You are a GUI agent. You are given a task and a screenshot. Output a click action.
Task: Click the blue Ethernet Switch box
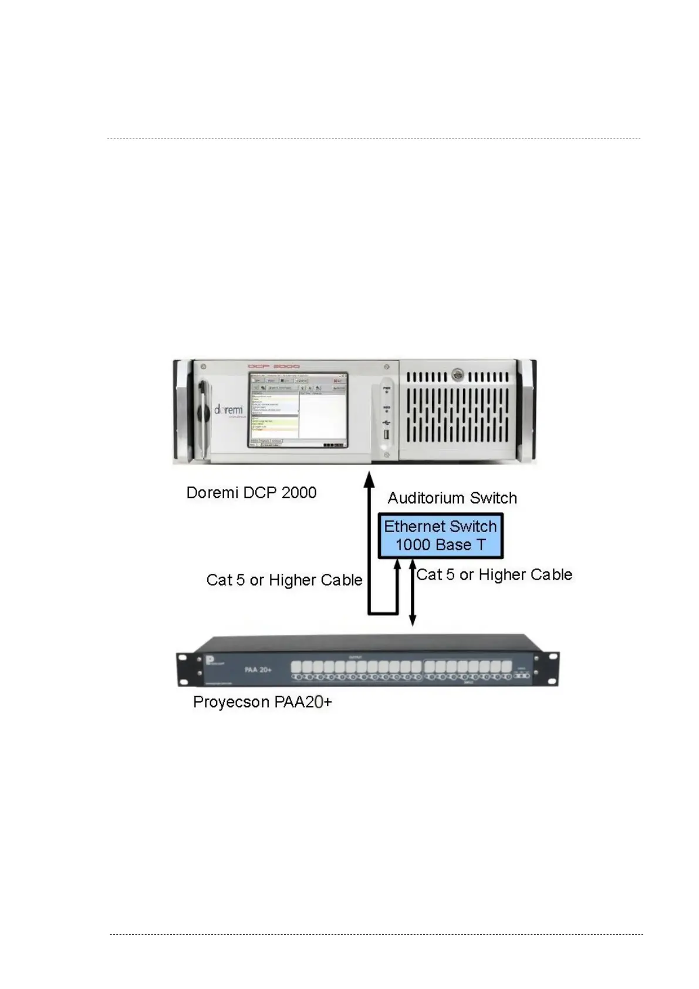[440, 536]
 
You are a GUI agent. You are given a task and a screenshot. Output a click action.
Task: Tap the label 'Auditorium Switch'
[452, 498]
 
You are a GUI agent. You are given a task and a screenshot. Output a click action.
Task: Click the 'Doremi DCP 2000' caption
[251, 492]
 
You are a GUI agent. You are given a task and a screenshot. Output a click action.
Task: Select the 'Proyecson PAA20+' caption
[262, 702]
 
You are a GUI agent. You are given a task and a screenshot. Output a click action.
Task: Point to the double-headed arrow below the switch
[413, 593]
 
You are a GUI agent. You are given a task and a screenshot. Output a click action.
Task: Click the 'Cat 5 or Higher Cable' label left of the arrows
[284, 580]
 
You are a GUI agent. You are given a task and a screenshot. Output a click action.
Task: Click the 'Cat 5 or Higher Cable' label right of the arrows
[494, 574]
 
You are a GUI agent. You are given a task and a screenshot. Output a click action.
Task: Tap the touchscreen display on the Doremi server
[298, 409]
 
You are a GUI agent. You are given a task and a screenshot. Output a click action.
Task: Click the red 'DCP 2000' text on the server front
[273, 366]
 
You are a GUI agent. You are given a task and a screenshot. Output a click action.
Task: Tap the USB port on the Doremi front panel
[386, 435]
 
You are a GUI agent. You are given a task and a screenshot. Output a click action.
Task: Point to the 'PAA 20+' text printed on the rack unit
[258, 669]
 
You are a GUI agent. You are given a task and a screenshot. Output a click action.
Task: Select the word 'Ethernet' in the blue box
[411, 527]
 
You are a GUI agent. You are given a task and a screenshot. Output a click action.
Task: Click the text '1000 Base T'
[440, 545]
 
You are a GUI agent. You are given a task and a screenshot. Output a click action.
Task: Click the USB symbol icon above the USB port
[386, 422]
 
